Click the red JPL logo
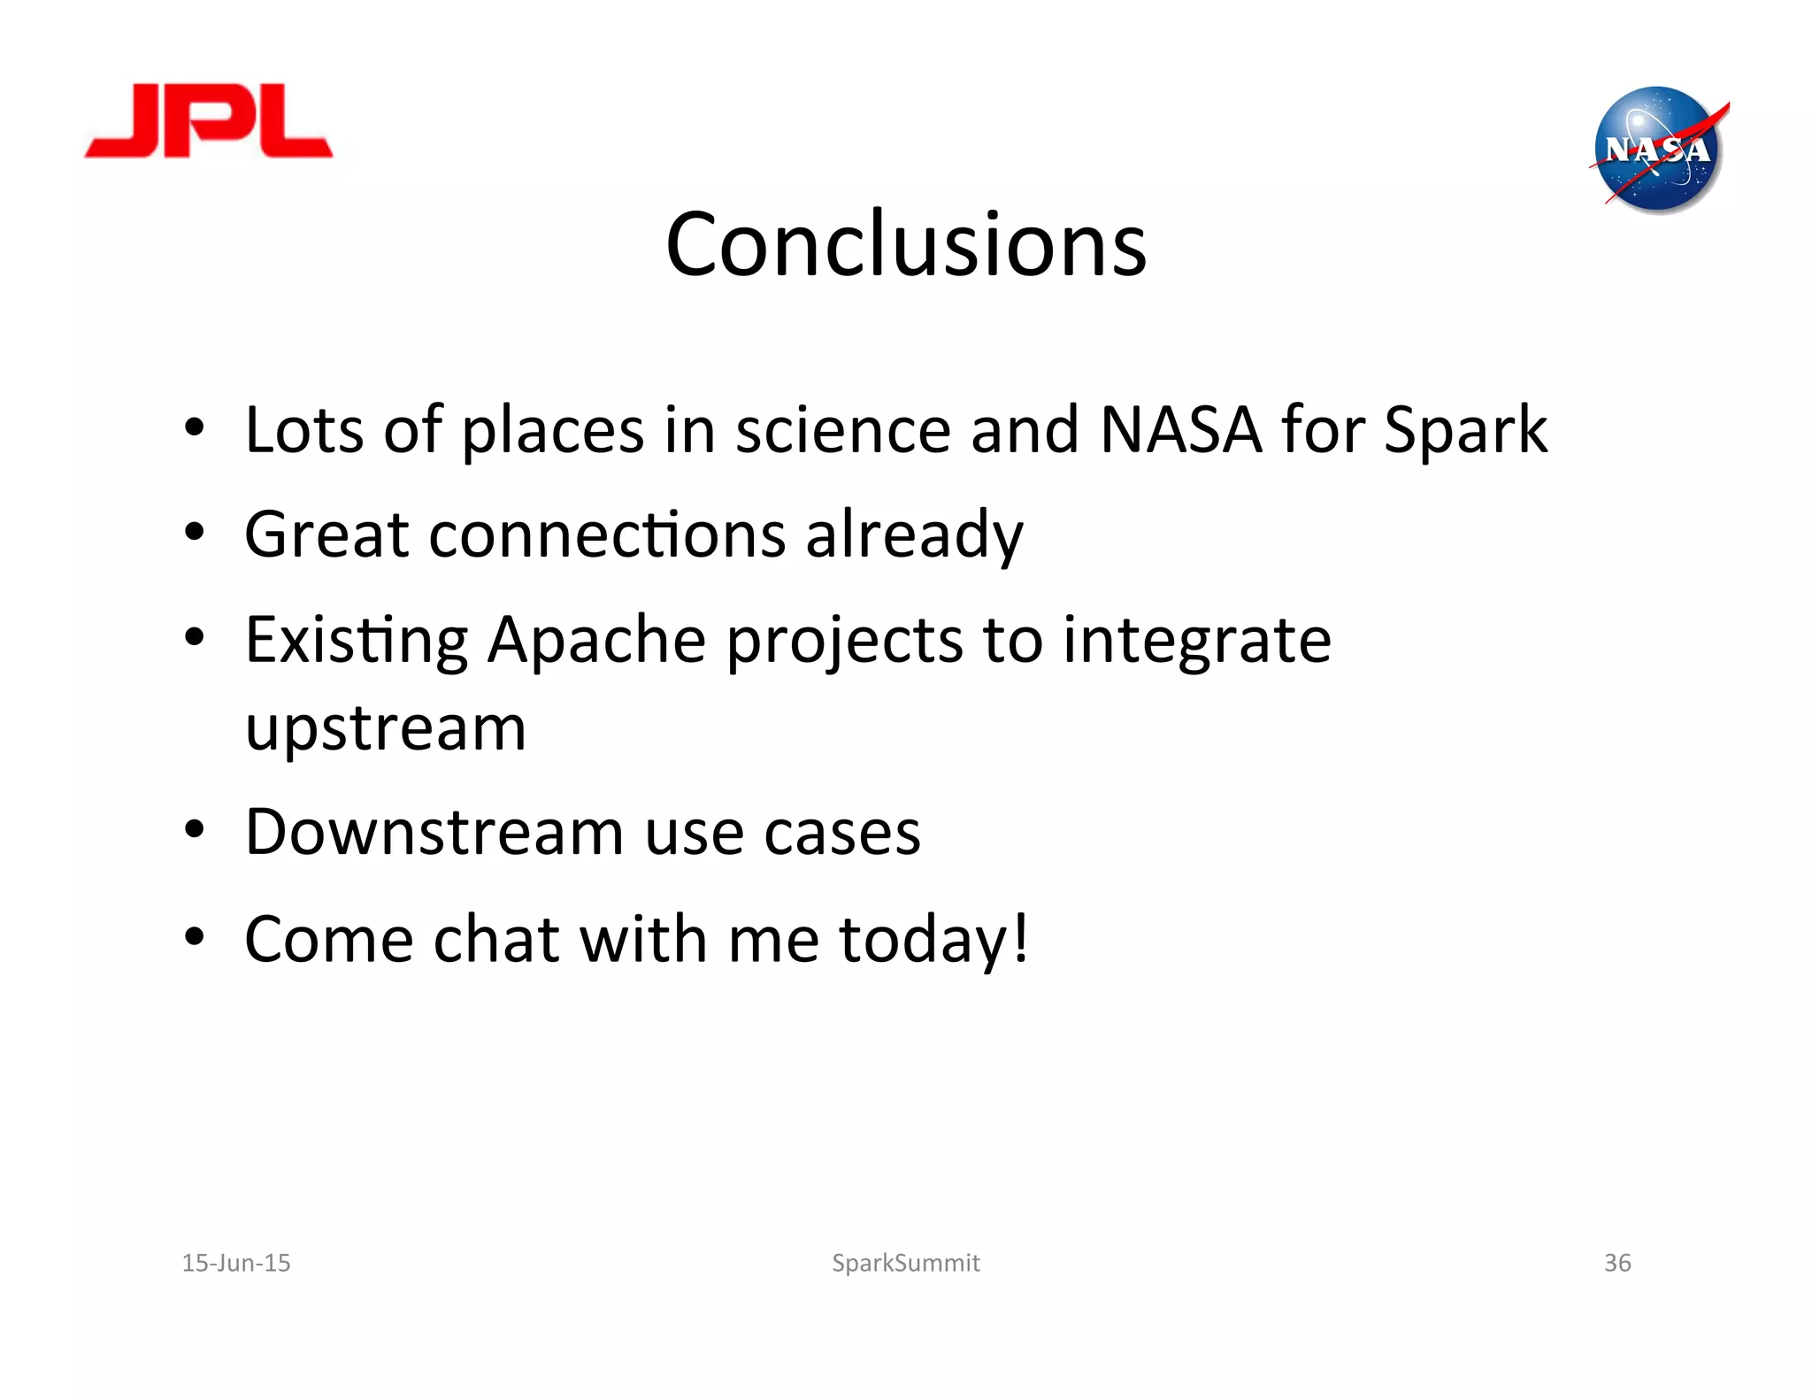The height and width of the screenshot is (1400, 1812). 209,122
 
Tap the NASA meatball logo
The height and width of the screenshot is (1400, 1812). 1657,150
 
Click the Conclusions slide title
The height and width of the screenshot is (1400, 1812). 905,244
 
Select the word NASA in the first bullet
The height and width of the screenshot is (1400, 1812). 1180,430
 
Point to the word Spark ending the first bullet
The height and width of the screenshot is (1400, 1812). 1464,432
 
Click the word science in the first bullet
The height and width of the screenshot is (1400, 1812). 842,430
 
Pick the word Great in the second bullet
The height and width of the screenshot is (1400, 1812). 326,535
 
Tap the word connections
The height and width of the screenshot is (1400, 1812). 607,535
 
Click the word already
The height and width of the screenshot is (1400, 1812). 914,536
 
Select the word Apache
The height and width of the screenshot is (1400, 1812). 596,640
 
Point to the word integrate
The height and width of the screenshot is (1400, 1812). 1196,642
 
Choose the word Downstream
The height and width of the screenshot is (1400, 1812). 434,833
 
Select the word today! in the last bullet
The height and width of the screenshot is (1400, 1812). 933,940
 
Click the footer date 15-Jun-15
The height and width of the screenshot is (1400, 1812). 236,1263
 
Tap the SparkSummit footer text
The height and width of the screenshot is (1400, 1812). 905,1263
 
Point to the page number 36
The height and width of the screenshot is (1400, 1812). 1617,1263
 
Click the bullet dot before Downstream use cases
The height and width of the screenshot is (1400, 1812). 195,830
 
